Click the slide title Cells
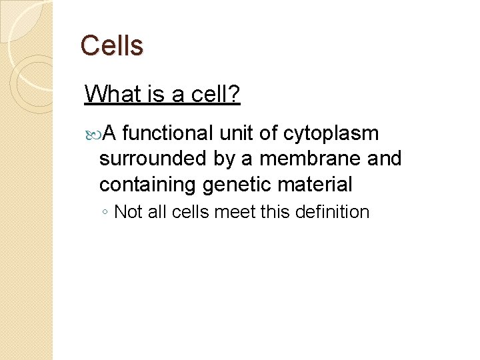coord(111,46)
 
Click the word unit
coord(237,133)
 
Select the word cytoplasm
coord(331,135)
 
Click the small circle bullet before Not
coord(105,213)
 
